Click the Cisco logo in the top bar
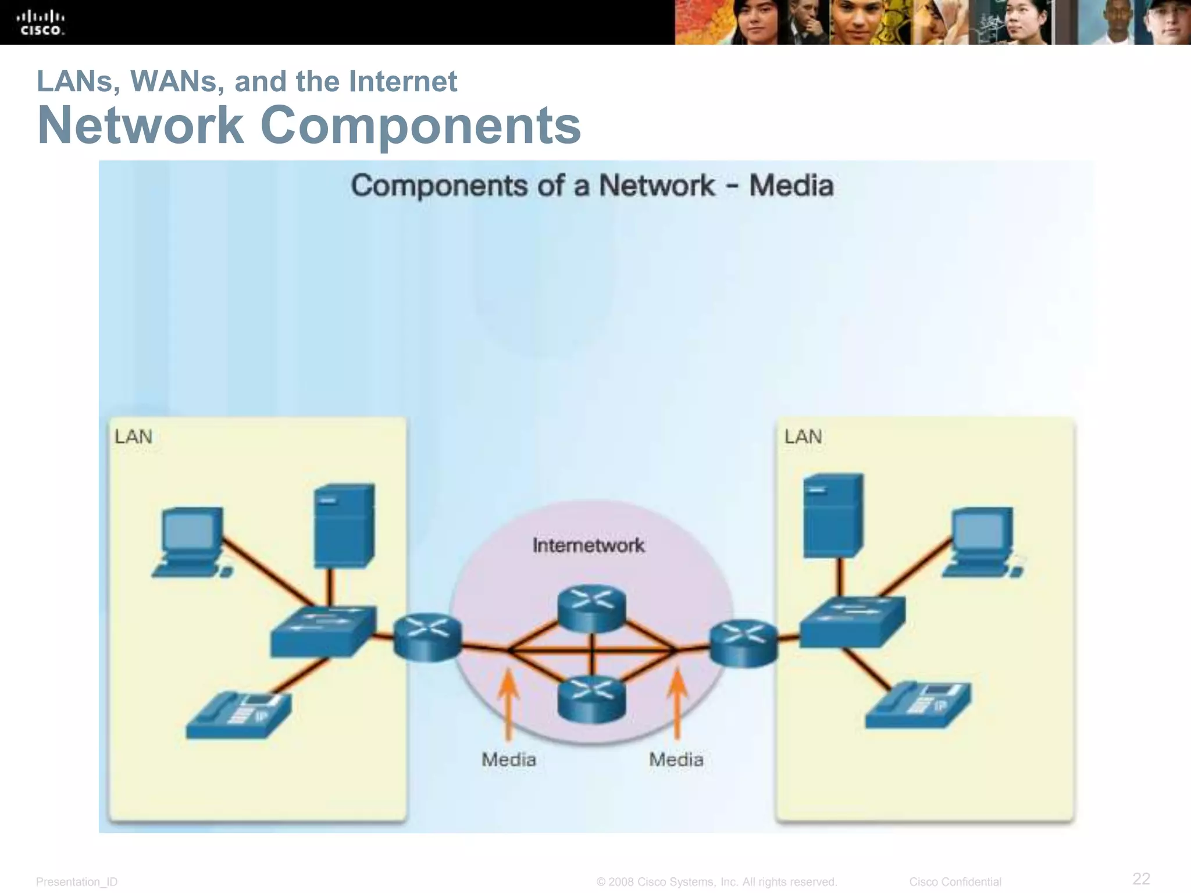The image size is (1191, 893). tap(41, 23)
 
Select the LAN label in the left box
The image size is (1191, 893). tap(133, 437)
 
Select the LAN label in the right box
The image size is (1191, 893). tap(803, 437)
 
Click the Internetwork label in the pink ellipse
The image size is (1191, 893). tap(589, 545)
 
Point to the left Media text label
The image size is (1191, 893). tap(509, 759)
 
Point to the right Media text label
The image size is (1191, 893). tap(676, 759)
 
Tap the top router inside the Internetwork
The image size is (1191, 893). tap(591, 608)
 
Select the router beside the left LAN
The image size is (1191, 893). tap(427, 638)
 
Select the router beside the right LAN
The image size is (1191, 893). tap(744, 643)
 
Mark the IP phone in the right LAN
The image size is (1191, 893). tap(917, 705)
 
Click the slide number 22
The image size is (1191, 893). tap(1141, 878)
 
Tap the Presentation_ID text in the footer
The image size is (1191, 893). tap(77, 882)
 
